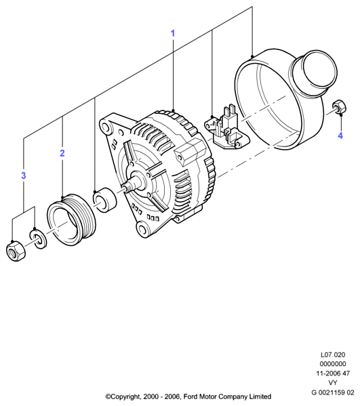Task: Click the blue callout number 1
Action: click(173, 33)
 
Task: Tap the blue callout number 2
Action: click(62, 153)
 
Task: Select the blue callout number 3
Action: click(24, 176)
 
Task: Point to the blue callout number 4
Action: click(340, 136)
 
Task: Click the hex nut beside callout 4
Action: click(339, 106)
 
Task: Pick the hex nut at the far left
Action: click(16, 251)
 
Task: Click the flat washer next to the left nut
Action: click(39, 238)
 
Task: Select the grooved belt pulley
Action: click(71, 220)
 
